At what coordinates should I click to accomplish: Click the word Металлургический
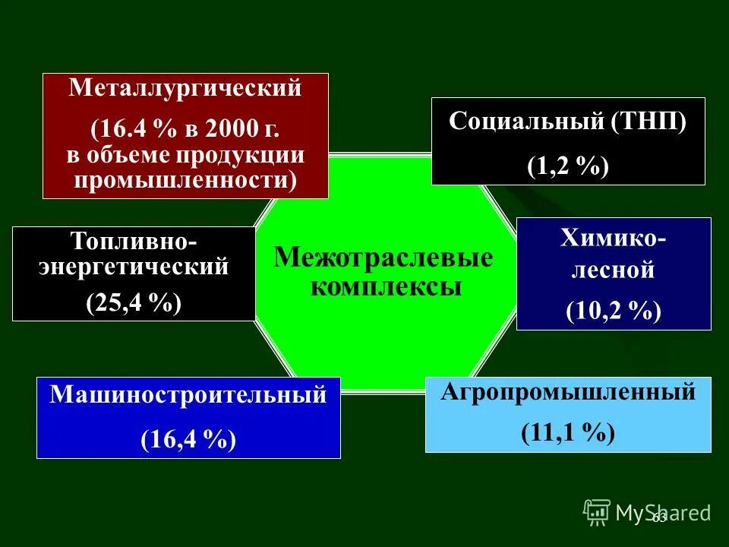[185, 87]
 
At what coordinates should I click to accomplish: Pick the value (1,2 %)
[568, 166]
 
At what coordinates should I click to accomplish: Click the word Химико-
[614, 239]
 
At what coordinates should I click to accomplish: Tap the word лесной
[613, 269]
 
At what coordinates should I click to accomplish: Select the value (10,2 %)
[614, 311]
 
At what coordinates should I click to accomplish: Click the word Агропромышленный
[568, 392]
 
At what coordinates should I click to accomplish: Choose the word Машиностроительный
[188, 395]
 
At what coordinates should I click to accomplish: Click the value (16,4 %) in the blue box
[188, 439]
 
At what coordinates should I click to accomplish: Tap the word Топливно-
[134, 242]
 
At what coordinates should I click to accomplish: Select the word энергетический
[134, 267]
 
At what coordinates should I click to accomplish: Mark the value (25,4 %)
[134, 303]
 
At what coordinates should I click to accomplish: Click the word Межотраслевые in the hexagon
[383, 258]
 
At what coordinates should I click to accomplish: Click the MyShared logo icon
[597, 512]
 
